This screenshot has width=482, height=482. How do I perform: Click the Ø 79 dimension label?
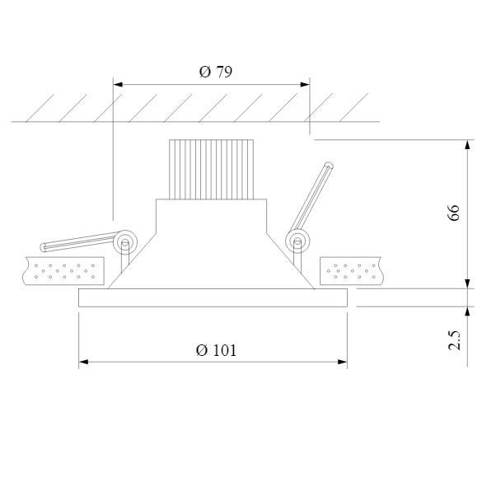coord(216,72)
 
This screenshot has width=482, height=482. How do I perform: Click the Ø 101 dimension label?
coord(216,349)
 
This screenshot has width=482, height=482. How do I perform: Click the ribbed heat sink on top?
coord(209,169)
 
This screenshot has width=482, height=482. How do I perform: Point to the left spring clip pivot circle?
coord(126,242)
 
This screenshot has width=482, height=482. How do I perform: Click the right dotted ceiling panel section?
coord(351,269)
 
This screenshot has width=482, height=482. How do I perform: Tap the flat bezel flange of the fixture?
coord(213,297)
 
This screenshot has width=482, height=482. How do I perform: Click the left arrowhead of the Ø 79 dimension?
coord(117,84)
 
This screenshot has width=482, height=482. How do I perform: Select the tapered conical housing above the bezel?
coord(212,264)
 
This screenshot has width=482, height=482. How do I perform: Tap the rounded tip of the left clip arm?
coord(44,248)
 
